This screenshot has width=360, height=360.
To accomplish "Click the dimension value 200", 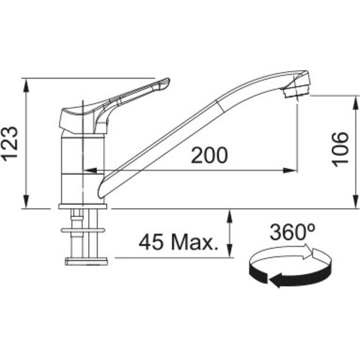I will (x=209, y=155).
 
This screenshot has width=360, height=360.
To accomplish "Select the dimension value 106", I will (x=341, y=149).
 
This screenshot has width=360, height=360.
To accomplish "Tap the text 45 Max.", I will (x=179, y=242).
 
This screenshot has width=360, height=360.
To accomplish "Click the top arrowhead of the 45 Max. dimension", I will (x=230, y=215).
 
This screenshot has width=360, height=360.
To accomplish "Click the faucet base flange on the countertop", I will (x=84, y=205).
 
